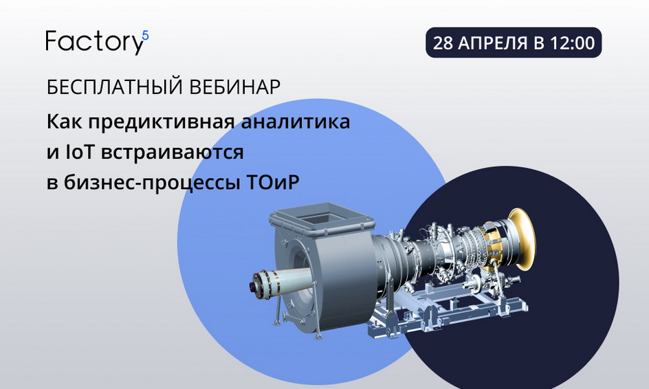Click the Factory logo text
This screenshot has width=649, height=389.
94,42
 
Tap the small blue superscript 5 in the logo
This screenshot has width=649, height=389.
145,36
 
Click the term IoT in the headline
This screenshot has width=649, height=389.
80,153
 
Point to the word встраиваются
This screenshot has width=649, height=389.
172,153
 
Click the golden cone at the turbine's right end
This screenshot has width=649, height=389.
522,239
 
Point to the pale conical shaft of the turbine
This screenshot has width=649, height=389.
289,278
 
